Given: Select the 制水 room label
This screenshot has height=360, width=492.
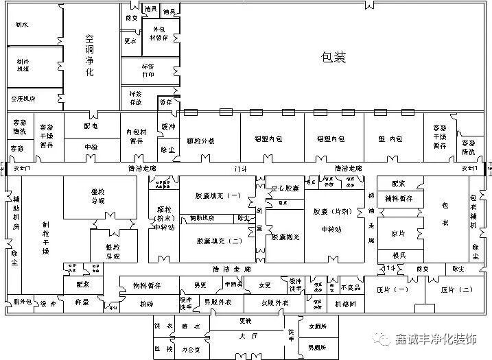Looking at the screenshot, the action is click(21, 25).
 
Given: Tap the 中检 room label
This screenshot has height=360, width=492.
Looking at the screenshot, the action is click(91, 147).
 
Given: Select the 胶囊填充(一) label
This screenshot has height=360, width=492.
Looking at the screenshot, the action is click(218, 196).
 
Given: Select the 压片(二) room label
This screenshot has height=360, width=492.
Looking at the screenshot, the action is click(456, 289).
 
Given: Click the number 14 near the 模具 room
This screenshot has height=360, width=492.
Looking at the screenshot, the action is click(390, 267).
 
